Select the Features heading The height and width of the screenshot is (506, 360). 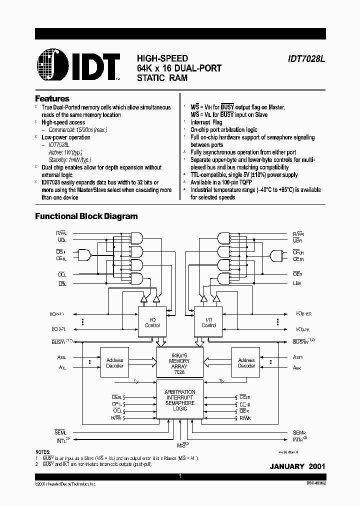tap(52, 98)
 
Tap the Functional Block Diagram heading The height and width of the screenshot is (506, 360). tap(86, 216)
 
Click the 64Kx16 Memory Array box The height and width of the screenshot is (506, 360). tap(180, 360)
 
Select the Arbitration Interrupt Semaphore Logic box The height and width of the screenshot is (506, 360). tap(180, 400)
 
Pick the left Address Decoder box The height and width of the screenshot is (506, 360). tap(114, 363)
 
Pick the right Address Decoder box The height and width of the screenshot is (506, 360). tap(246, 363)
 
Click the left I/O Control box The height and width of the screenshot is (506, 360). tap(152, 322)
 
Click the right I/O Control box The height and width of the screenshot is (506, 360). tap(208, 322)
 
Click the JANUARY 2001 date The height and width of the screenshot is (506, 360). tap(297, 466)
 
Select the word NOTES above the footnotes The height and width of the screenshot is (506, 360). tap(42, 450)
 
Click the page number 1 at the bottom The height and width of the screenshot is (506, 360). tap(180, 476)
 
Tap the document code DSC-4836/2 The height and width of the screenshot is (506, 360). tap(312, 484)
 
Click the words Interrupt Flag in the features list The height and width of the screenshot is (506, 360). tap(206, 122)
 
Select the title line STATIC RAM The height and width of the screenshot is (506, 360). tap(160, 77)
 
